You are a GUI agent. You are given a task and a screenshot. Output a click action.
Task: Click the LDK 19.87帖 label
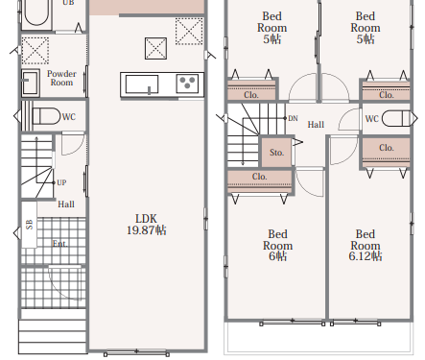[x=147, y=225]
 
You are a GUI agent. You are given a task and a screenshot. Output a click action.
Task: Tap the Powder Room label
[x=61, y=78]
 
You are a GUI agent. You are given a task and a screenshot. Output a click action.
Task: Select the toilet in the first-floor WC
[x=46, y=116]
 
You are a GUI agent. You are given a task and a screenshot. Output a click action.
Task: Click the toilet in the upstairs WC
[x=395, y=118]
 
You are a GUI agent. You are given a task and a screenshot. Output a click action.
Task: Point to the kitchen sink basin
[x=142, y=84]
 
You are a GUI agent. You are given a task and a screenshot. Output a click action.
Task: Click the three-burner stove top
[x=187, y=84]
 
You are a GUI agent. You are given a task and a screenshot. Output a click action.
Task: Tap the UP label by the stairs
[x=61, y=182]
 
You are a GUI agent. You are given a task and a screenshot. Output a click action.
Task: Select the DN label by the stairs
[x=293, y=118]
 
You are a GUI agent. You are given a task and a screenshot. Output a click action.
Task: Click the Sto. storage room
[x=276, y=153]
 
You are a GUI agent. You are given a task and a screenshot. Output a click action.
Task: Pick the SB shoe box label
[x=30, y=225]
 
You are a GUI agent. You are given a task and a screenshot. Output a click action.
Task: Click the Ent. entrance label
[x=60, y=244]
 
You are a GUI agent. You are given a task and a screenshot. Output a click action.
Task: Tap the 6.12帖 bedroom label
[x=366, y=256]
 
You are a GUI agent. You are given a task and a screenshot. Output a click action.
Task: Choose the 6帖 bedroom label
[x=277, y=256]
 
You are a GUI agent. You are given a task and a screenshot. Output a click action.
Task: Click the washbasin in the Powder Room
[x=30, y=83]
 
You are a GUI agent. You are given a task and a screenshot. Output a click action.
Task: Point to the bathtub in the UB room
[x=36, y=12]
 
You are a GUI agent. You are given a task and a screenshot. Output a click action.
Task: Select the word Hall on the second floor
[x=316, y=125]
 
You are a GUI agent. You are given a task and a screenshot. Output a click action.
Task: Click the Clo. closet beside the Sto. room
[x=260, y=181]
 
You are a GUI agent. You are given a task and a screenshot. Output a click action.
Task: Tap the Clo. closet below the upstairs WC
[x=386, y=153]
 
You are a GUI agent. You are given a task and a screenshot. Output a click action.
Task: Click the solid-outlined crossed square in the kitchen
[x=155, y=48]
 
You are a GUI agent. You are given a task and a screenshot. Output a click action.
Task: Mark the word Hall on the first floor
[x=66, y=204]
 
